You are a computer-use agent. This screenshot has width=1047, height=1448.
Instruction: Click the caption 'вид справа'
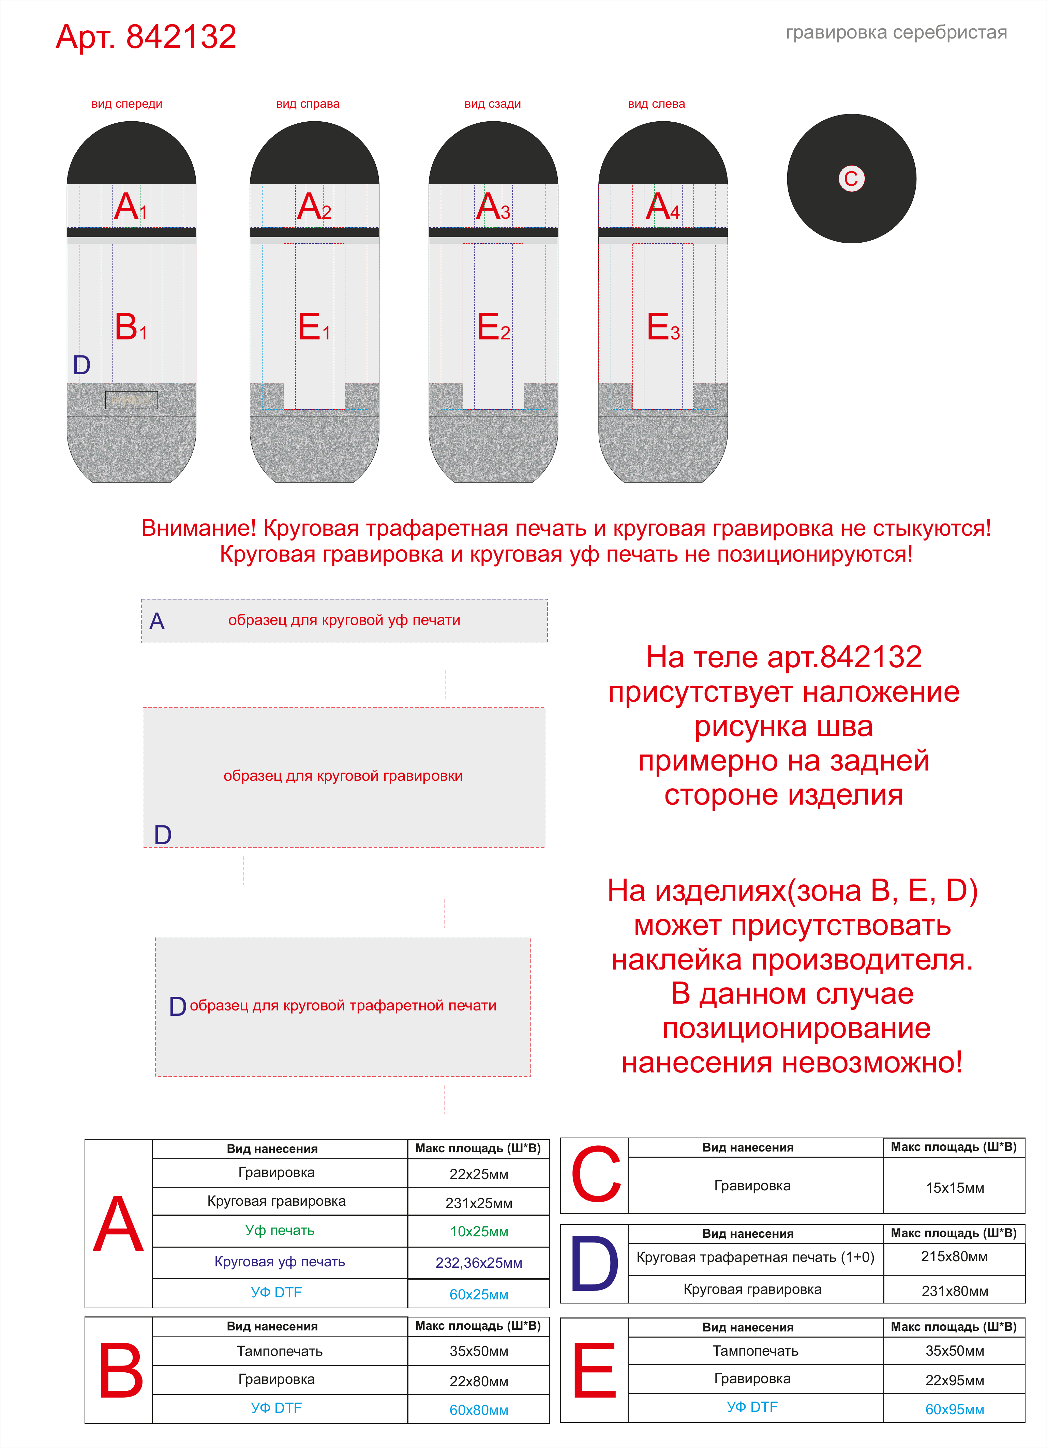click(308, 104)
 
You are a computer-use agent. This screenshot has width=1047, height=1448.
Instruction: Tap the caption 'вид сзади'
click(493, 104)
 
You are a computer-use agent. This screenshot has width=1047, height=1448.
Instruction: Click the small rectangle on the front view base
click(132, 400)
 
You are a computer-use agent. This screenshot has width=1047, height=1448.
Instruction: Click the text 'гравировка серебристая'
click(896, 33)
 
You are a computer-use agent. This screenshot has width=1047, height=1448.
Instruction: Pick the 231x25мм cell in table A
click(478, 1203)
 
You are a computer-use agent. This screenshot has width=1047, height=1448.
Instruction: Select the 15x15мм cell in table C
click(954, 1188)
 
